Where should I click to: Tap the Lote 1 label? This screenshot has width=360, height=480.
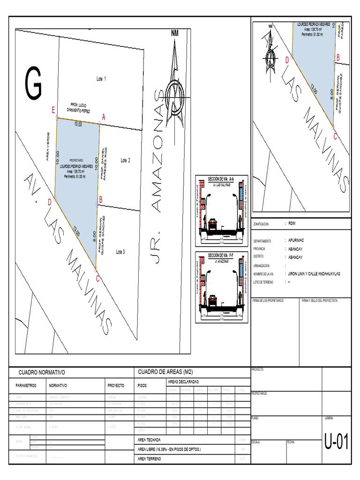click(x=101, y=79)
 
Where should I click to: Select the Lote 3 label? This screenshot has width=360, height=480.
click(x=120, y=252)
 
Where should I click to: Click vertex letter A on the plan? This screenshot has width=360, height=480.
click(x=104, y=117)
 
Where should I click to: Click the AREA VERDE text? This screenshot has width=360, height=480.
click(x=47, y=146)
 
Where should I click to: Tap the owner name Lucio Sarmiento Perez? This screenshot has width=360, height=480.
click(x=78, y=107)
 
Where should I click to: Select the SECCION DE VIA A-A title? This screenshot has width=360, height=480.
click(x=221, y=179)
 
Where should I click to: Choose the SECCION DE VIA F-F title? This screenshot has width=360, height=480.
click(x=221, y=255)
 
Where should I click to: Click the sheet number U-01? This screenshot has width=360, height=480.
click(x=337, y=442)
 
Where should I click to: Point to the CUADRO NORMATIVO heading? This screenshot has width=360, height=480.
click(x=42, y=372)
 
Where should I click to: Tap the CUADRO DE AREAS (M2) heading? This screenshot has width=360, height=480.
click(x=166, y=372)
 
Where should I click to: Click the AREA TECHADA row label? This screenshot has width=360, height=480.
click(x=149, y=440)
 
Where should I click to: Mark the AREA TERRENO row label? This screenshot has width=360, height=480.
click(x=150, y=459)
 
